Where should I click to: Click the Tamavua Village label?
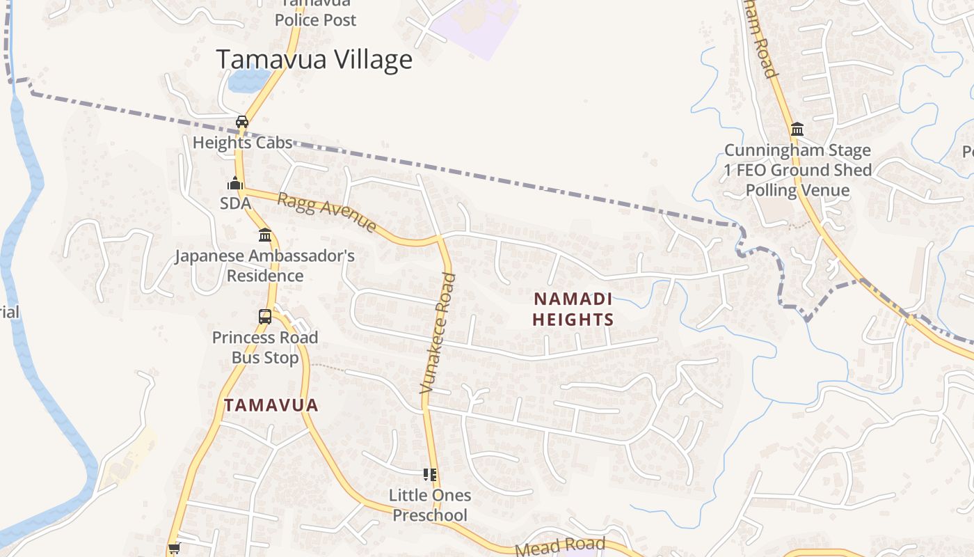(x=314, y=60)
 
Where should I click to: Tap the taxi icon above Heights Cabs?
(x=242, y=122)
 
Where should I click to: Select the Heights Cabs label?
(x=242, y=143)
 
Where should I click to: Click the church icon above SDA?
(x=234, y=183)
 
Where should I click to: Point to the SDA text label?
(x=235, y=203)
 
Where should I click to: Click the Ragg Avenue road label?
(x=327, y=212)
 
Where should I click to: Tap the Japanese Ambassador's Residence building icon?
(x=264, y=235)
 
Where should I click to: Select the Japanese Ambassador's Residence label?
(x=264, y=265)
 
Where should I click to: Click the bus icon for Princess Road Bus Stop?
(x=265, y=317)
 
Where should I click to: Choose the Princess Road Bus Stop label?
(x=265, y=347)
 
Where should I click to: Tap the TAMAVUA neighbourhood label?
(x=271, y=405)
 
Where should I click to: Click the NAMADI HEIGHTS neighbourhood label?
(x=573, y=310)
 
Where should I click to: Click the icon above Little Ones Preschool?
(x=430, y=475)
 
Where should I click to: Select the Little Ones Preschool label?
(x=430, y=505)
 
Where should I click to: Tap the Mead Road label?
(x=560, y=547)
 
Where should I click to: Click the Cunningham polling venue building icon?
(x=797, y=130)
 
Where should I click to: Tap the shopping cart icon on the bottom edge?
(x=174, y=549)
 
